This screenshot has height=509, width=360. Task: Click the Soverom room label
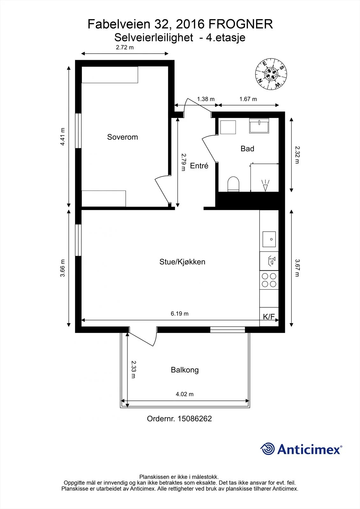pyautogui.click(x=122, y=137)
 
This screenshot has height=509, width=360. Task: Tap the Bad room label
pyautogui.click(x=247, y=149)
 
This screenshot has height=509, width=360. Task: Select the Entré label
pyautogui.click(x=199, y=166)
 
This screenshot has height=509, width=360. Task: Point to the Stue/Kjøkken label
pyautogui.click(x=182, y=262)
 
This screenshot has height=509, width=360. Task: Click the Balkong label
pyautogui.click(x=185, y=370)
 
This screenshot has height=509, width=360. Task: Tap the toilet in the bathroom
pyautogui.click(x=233, y=184)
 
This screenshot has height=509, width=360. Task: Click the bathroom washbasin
pyautogui.click(x=259, y=126)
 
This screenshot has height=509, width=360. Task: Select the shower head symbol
pyautogui.click(x=265, y=185)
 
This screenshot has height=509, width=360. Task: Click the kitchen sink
pyautogui.click(x=269, y=239)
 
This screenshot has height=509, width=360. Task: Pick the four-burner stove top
pyautogui.click(x=269, y=280)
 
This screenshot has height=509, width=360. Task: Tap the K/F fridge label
pyautogui.click(x=269, y=317)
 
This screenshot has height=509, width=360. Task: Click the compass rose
pyautogui.click(x=271, y=74)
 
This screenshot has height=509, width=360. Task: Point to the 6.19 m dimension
pyautogui.click(x=180, y=314)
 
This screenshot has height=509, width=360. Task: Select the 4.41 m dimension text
pyautogui.click(x=62, y=136)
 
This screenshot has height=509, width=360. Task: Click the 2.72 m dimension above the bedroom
pyautogui.click(x=125, y=47)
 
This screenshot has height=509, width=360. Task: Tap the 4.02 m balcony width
pyautogui.click(x=184, y=394)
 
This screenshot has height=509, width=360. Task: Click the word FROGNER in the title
pyautogui.click(x=241, y=24)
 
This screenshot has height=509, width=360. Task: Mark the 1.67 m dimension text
pyautogui.click(x=248, y=99)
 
